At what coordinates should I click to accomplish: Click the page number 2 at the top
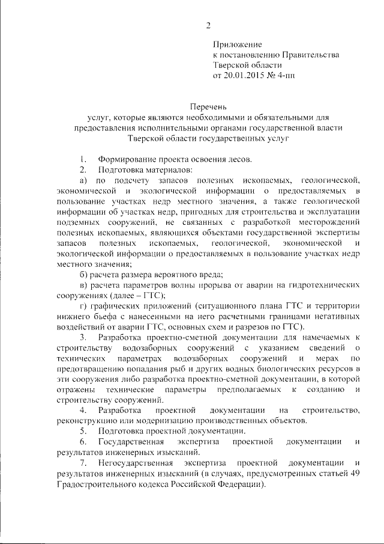(208, 26)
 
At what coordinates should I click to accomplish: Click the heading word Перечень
(208, 106)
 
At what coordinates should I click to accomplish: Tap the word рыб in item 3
(206, 367)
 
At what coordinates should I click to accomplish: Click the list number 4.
(83, 410)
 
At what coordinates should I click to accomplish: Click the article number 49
(355, 474)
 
